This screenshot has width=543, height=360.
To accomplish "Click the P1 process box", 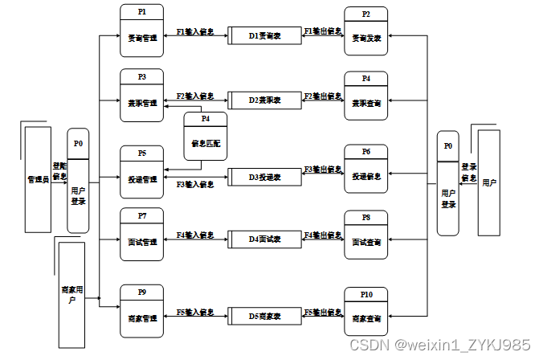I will point(141,31).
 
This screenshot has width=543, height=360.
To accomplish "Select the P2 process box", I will point(365,32).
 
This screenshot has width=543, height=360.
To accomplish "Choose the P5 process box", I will point(141,171).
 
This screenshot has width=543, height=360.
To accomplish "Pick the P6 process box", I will point(365,171).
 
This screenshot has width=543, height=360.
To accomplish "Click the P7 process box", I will point(141,235).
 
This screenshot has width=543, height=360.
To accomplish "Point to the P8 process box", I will point(365,235).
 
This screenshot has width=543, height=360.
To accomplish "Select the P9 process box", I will point(141,311).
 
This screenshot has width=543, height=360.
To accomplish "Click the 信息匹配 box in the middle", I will point(205,136).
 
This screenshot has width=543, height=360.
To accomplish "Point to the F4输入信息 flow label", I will point(195,235).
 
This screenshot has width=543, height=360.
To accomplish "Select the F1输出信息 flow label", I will point(322,31).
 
